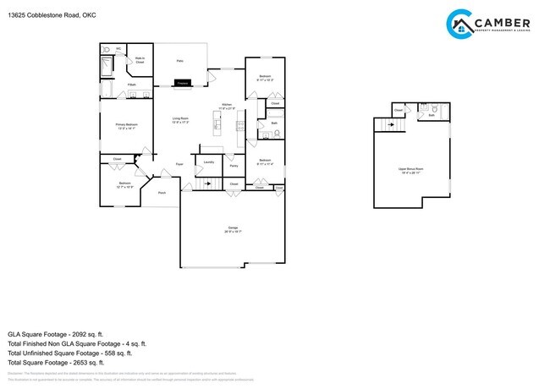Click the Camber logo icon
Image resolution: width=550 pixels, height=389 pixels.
tap(460, 23)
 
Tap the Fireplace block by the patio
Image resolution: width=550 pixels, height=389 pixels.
tap(183, 83)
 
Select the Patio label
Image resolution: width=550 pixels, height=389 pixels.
tap(179, 62)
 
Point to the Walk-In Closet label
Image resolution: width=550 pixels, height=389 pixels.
tap(140, 61)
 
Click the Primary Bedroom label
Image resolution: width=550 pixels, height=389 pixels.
tap(127, 126)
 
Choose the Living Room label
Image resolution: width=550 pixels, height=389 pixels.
tap(180, 119)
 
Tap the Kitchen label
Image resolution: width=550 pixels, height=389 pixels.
tap(227, 107)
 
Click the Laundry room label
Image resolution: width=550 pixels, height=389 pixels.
tap(208, 160)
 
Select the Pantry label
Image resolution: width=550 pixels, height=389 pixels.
tap(233, 166)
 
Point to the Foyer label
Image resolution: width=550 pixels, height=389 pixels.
tap(179, 163)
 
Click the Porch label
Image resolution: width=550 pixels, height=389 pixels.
tap(161, 193)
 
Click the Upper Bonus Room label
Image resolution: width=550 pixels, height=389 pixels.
tap(411, 170)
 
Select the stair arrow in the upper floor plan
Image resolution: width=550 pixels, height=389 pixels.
tap(390, 125)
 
